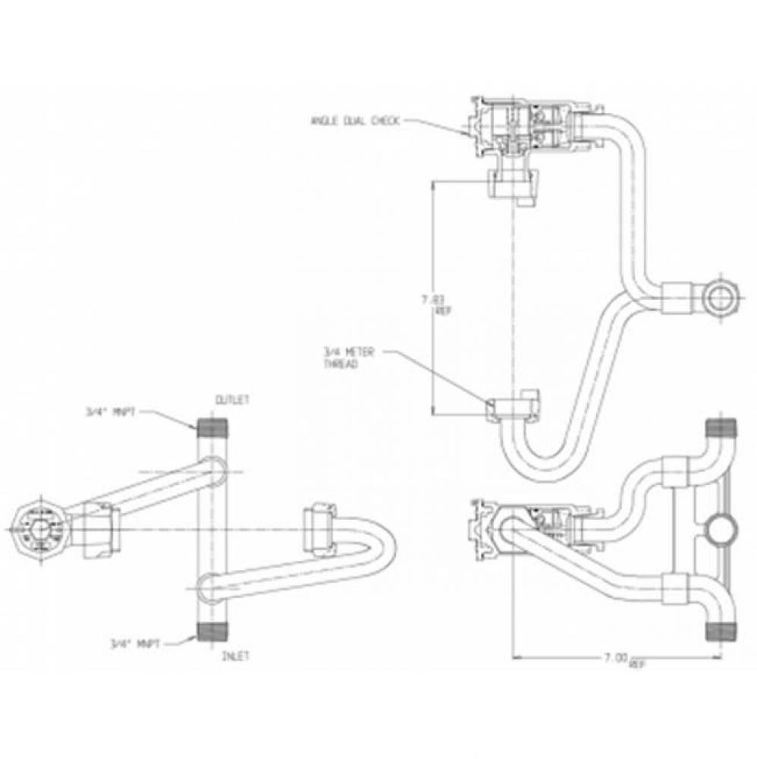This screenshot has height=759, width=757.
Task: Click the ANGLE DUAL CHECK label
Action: click(354, 120)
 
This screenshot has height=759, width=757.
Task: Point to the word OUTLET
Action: click(233, 399)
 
